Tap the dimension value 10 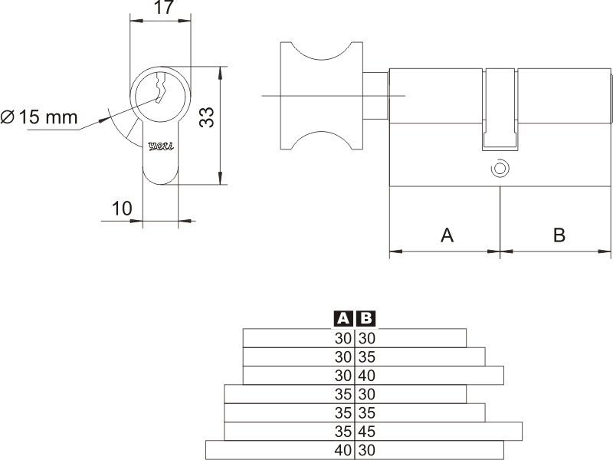(x=122, y=208)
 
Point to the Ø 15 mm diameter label (x=40, y=117)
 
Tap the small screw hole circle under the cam (x=500, y=167)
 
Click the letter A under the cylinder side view (x=447, y=235)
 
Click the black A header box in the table (x=343, y=318)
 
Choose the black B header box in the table (x=366, y=318)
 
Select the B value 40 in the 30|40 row (x=366, y=376)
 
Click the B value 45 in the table (x=366, y=432)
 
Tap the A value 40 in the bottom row (x=343, y=451)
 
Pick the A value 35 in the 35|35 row (x=343, y=413)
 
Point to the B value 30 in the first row (x=366, y=338)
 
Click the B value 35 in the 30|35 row (x=366, y=356)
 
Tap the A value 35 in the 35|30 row (x=343, y=394)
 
